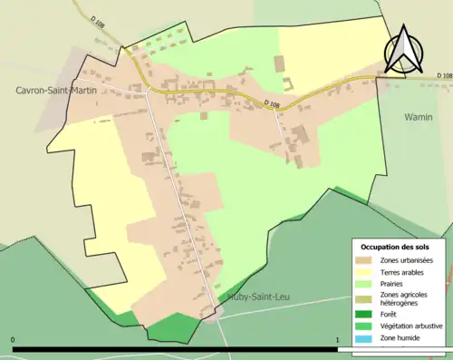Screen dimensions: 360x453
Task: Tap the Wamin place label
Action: pyautogui.click(x=418, y=117)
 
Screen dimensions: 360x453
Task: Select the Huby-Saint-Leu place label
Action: pyautogui.click(x=248, y=297)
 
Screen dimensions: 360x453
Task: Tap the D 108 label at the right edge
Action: pyautogui.click(x=443, y=75)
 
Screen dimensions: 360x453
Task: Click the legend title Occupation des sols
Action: pyautogui.click(x=395, y=247)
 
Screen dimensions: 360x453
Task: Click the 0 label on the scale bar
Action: pyautogui.click(x=13, y=340)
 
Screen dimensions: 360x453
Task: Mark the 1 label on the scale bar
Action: pyautogui.click(x=338, y=340)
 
